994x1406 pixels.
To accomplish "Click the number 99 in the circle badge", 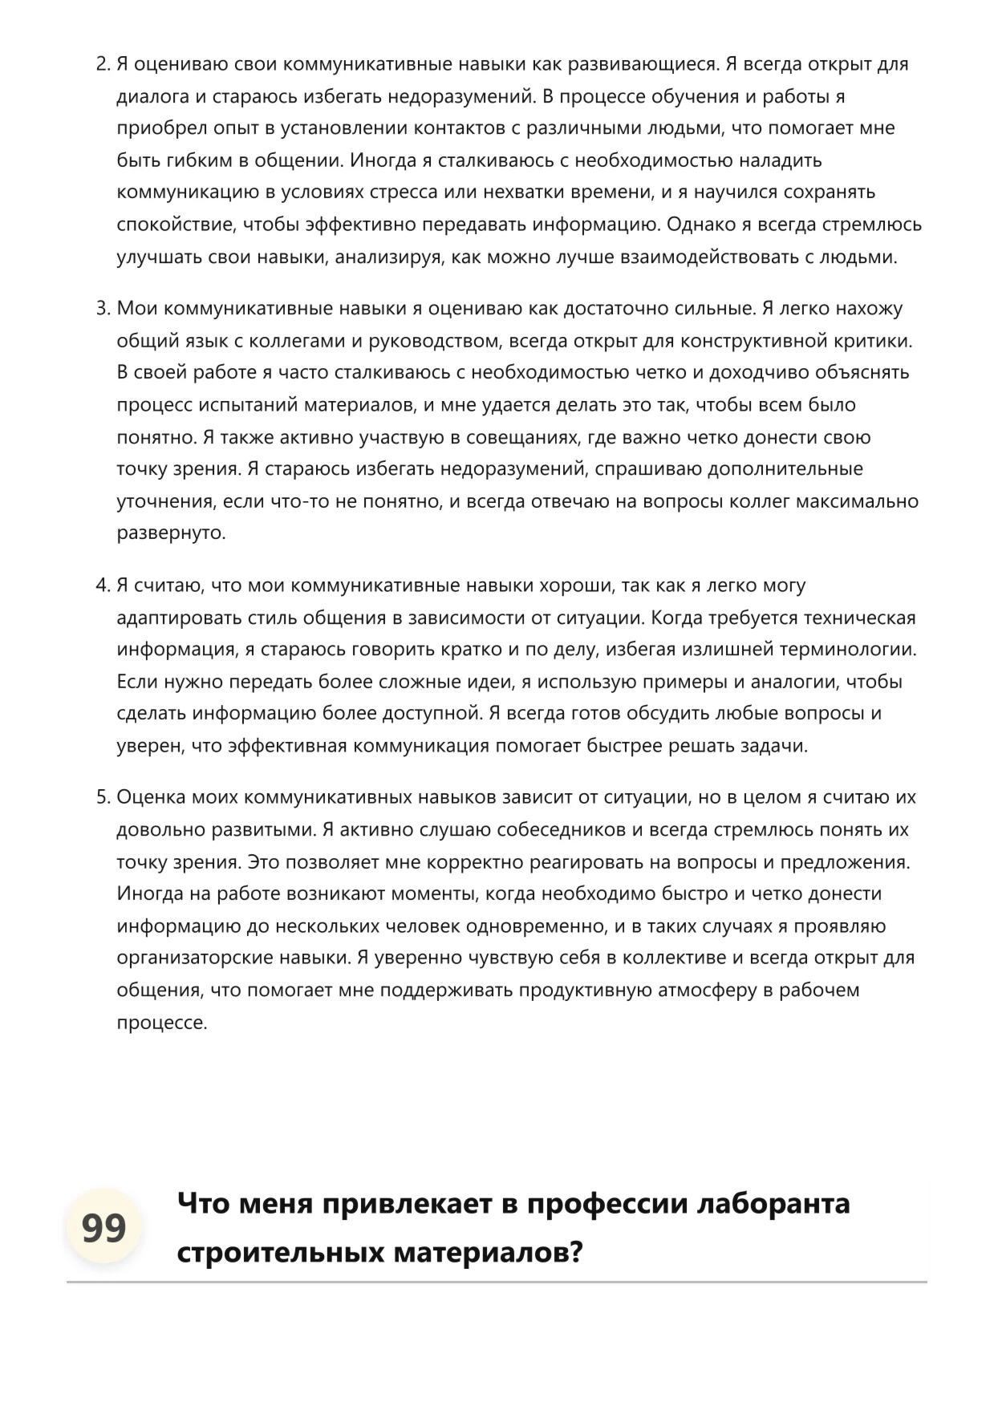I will (103, 1227).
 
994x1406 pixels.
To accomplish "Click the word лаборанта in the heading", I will (774, 1203).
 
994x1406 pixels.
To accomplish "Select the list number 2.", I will (102, 64).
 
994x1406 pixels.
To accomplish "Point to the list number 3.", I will (102, 309).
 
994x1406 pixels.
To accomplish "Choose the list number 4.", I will (102, 585).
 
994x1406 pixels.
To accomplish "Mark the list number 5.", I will (102, 797).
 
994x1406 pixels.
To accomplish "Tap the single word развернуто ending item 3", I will (171, 533).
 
